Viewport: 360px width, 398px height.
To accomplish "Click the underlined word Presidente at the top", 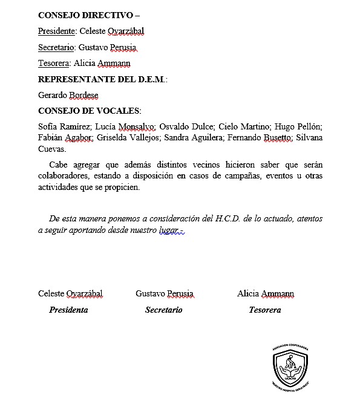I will pyautogui.click(x=57, y=31).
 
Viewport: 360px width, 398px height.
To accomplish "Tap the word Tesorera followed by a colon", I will pyautogui.click(x=54, y=63).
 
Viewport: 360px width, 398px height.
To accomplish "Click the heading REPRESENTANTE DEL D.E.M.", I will pyautogui.click(x=102, y=79).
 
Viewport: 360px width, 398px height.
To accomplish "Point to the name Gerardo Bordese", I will pyautogui.click(x=68, y=95).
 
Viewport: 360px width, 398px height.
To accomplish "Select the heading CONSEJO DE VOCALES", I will pyautogui.click(x=89, y=111).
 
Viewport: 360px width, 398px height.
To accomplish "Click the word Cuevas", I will pyautogui.click(x=51, y=149).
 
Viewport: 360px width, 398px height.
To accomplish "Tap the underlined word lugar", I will pyautogui.click(x=169, y=230).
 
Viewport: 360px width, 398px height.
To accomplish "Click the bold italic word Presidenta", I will pyautogui.click(x=68, y=310).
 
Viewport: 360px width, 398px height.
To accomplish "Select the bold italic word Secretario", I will pyautogui.click(x=163, y=310).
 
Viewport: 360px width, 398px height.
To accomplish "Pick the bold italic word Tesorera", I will pyautogui.click(x=264, y=310).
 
